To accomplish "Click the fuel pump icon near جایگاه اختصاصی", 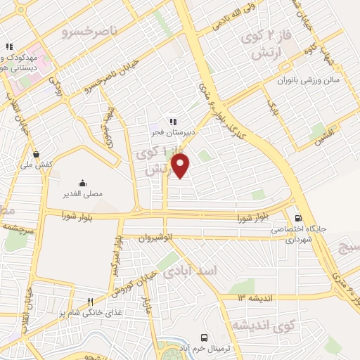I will coord(299,218).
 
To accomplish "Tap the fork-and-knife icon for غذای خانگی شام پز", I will coord(90,301).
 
